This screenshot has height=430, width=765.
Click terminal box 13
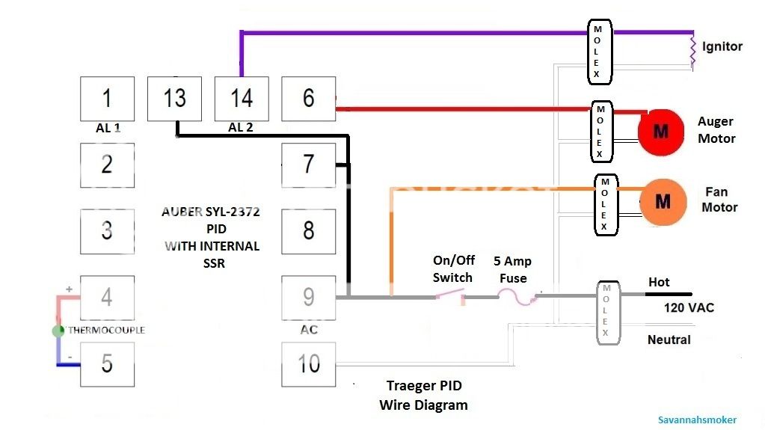(174, 98)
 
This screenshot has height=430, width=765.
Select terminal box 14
(242, 98)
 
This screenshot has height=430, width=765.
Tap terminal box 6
(308, 98)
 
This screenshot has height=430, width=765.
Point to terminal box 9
(308, 298)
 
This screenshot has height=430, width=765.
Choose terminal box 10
(308, 364)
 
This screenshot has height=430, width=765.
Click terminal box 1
(107, 98)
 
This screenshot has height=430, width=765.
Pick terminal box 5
(107, 364)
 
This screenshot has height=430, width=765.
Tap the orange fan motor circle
(663, 201)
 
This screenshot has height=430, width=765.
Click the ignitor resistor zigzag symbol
(692, 50)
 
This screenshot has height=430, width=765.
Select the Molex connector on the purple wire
(597, 52)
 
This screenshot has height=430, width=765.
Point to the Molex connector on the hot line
(606, 313)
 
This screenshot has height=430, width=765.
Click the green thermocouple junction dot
(58, 331)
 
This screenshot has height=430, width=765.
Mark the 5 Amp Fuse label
(512, 270)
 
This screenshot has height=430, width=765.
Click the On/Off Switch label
(452, 269)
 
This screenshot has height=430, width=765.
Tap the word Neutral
(669, 340)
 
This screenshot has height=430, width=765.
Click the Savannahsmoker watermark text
(698, 420)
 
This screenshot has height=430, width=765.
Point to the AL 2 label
(240, 128)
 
